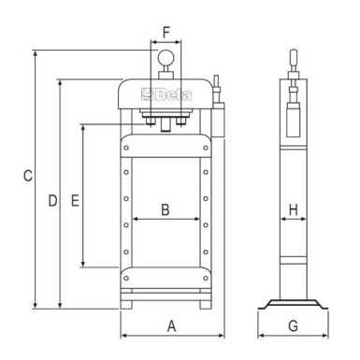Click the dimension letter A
[172, 326]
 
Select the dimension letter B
[166, 209]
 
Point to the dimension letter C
[28, 176]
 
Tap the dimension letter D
[52, 200]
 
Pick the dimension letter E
[75, 200]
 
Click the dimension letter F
[166, 33]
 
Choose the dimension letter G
[293, 325]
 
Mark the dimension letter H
[294, 209]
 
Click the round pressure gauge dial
[165, 57]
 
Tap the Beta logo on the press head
[166, 94]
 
